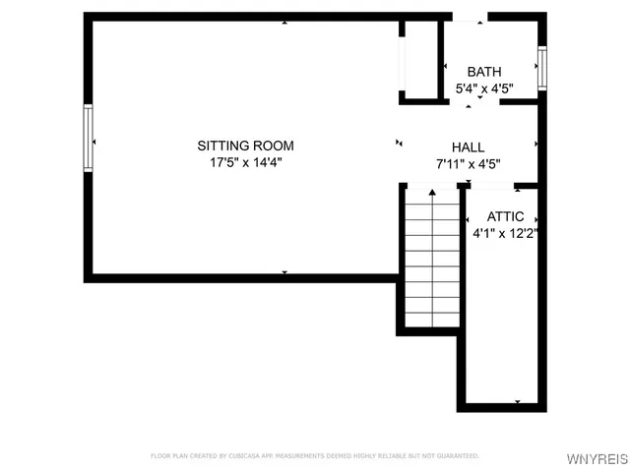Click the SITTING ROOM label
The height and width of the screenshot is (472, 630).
(x=245, y=146)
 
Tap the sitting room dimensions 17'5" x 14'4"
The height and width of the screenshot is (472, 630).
(x=245, y=163)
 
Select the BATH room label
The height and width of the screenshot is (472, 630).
(x=483, y=72)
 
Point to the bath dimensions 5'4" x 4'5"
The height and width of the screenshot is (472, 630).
(x=483, y=88)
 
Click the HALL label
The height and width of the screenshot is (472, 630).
(x=468, y=147)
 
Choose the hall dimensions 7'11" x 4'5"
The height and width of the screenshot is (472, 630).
(x=468, y=164)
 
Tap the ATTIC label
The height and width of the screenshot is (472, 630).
(x=505, y=216)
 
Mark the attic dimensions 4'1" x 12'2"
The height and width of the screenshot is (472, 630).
(x=505, y=234)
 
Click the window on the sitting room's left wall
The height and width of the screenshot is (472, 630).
(x=88, y=139)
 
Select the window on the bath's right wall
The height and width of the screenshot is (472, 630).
(x=541, y=69)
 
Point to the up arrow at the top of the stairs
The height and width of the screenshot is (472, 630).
(x=433, y=195)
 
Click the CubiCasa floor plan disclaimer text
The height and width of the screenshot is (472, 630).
(x=315, y=455)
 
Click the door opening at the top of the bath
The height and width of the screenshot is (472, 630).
(x=468, y=17)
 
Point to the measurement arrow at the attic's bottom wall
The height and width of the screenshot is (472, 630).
(x=517, y=401)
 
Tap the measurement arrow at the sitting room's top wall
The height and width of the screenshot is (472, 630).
(x=284, y=22)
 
